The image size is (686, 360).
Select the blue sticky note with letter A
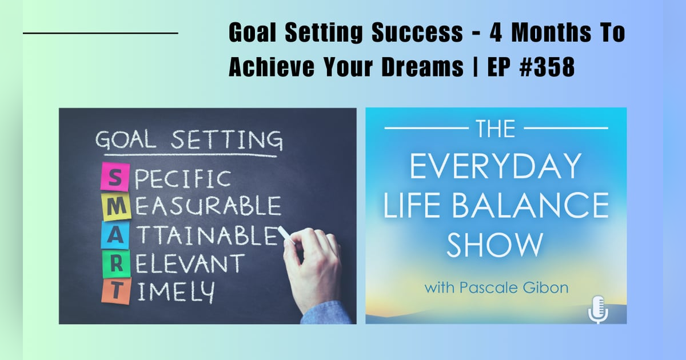click(x=115, y=235)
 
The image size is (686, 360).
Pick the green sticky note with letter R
click(x=116, y=263)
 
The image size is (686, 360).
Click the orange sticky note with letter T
click(x=116, y=291)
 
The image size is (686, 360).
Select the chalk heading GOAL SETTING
click(x=189, y=140)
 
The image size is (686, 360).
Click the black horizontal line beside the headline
click(x=101, y=34)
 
